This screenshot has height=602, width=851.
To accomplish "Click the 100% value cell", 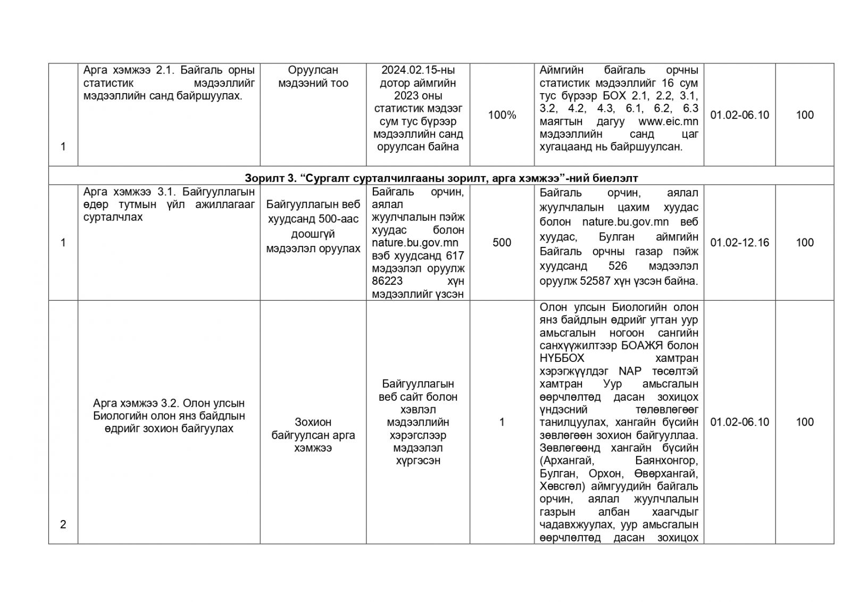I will [502, 115].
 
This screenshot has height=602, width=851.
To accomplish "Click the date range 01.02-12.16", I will [739, 243].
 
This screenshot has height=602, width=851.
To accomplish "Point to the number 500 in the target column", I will [502, 243].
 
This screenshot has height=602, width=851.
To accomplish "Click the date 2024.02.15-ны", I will [418, 70].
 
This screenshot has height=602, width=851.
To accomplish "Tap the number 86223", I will [387, 281].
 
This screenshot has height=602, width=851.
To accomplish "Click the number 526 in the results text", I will [618, 266].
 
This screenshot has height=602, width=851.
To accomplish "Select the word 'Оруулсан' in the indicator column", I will [313, 70].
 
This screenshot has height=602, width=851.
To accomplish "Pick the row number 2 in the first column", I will [63, 524].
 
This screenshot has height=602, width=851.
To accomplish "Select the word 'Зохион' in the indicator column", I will [313, 422].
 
